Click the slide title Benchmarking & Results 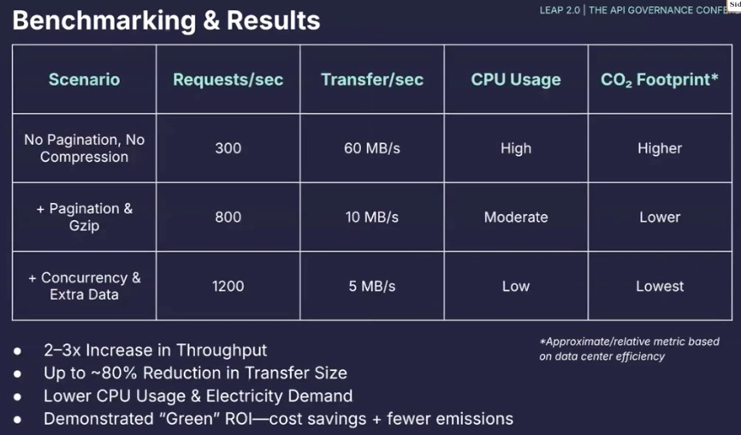click(x=166, y=21)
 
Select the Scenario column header click(x=84, y=80)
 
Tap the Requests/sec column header click(x=228, y=80)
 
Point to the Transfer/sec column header click(x=372, y=80)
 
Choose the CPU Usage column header click(x=516, y=80)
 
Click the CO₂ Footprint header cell click(x=660, y=80)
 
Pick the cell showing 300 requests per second click(x=228, y=148)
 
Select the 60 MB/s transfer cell click(x=372, y=148)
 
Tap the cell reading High click(x=516, y=148)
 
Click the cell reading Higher click(x=660, y=148)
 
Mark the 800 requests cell click(x=228, y=217)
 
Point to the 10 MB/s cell click(x=372, y=217)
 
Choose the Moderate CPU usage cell click(x=516, y=217)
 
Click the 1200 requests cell click(x=228, y=286)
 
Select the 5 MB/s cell click(x=372, y=286)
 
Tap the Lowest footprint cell click(x=660, y=286)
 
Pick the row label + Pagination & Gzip click(x=84, y=217)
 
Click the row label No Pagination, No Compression click(x=84, y=148)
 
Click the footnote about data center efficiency click(x=630, y=349)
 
